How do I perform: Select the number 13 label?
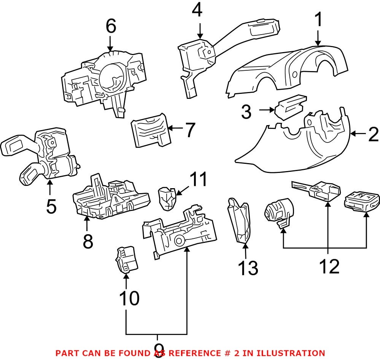pyautogui.click(x=248, y=268)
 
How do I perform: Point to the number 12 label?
pyautogui.click(x=329, y=267)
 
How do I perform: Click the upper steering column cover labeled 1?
pyautogui.click(x=289, y=70)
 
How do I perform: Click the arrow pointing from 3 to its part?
pyautogui.click(x=267, y=110)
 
